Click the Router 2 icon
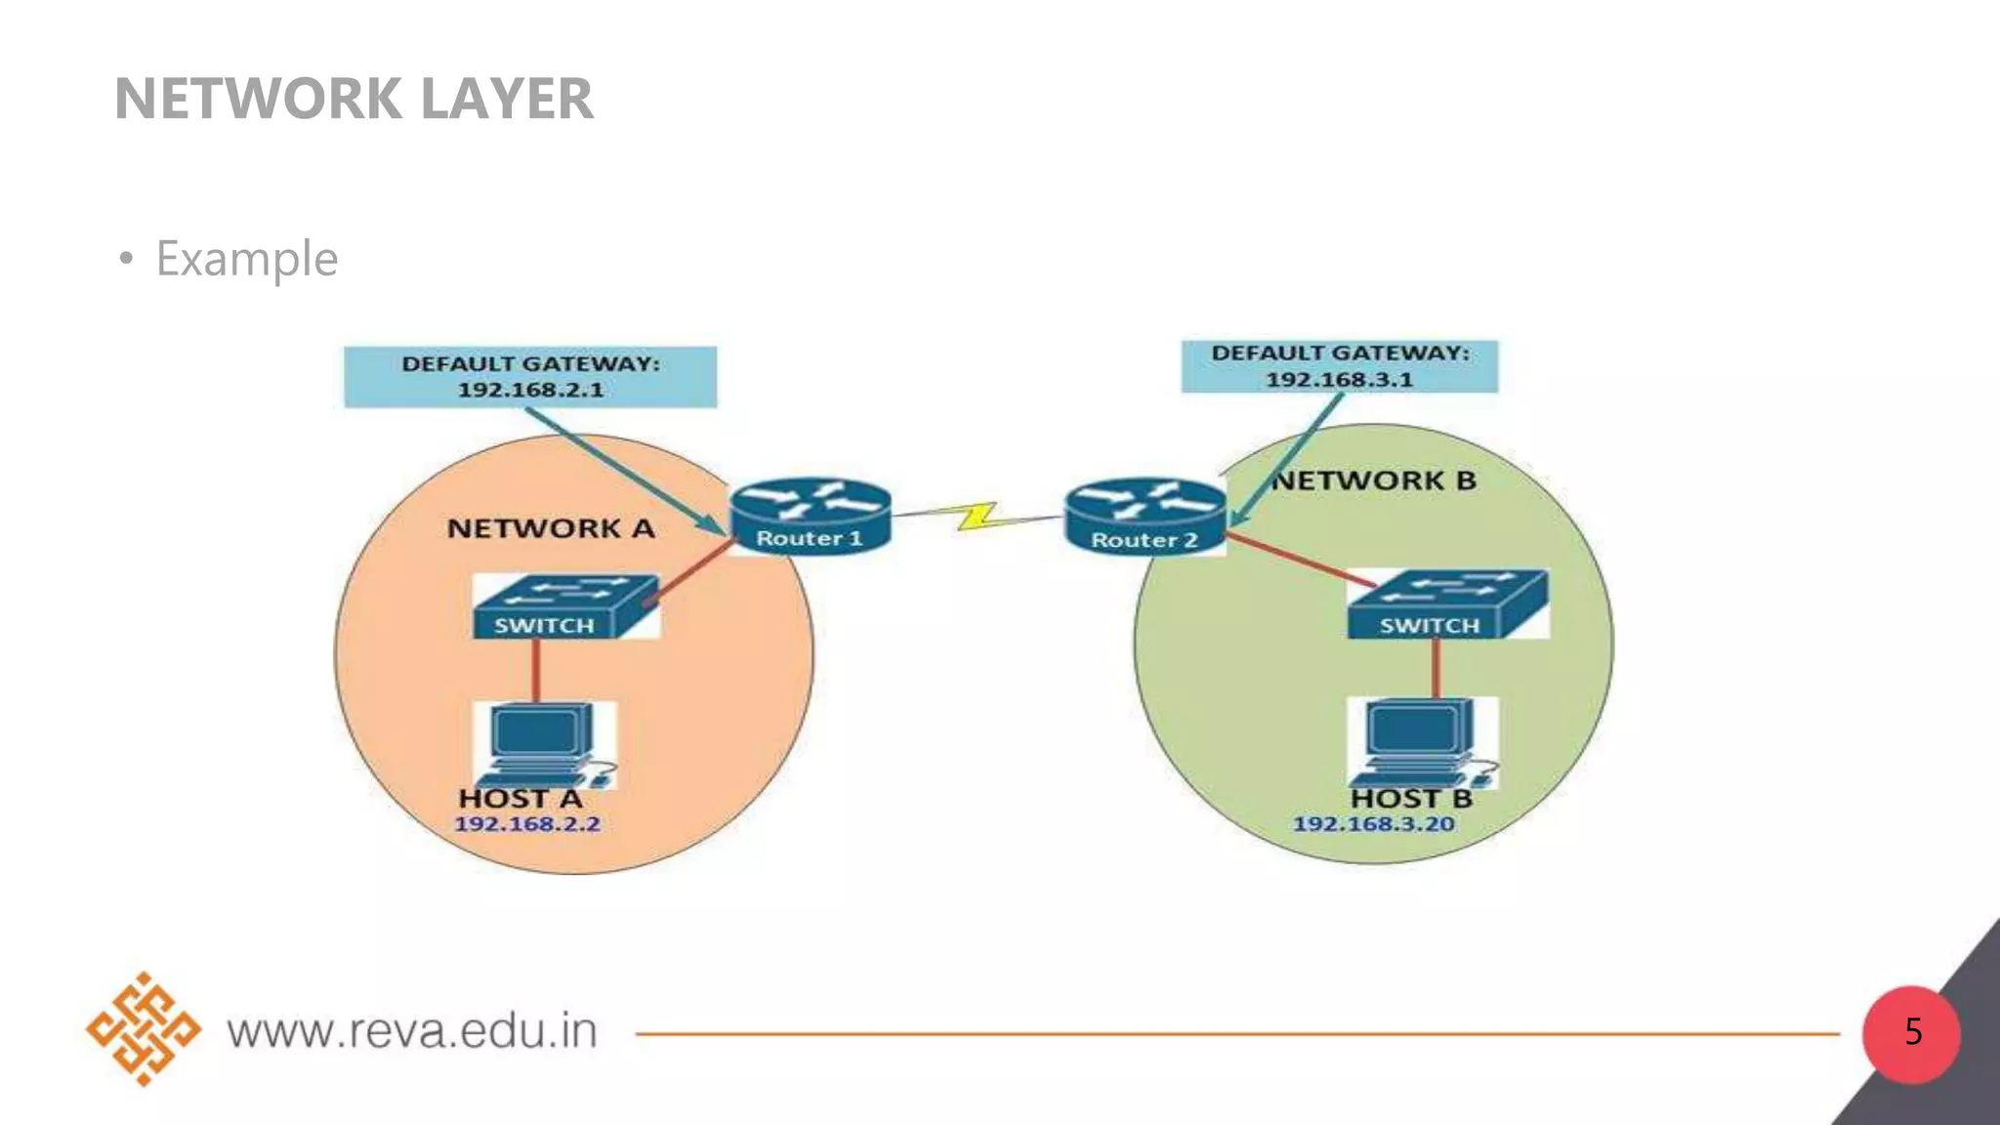tap(1145, 517)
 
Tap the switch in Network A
tap(564, 607)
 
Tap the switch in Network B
tap(1447, 605)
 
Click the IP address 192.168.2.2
tap(527, 824)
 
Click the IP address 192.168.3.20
tap(1373, 824)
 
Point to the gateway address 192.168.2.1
tap(530, 390)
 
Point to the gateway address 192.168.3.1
tap(1339, 380)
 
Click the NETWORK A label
tap(550, 528)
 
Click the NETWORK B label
tap(1374, 480)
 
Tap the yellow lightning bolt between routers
tap(977, 516)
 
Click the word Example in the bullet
tap(247, 259)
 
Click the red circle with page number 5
tap(1911, 1033)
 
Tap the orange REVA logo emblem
tap(144, 1028)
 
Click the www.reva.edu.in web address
tap(412, 1031)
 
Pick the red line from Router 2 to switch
tap(1299, 561)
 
